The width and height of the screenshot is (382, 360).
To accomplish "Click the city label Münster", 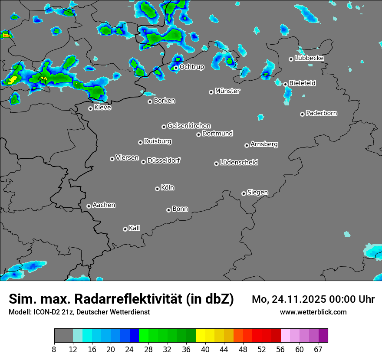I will click(227, 91).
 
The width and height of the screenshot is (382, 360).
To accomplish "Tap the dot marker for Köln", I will click(157, 189).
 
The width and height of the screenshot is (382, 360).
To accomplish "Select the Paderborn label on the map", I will click(321, 113).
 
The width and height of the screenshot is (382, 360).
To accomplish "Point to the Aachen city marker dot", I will click(89, 206).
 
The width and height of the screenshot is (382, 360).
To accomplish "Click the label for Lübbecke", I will click(309, 58).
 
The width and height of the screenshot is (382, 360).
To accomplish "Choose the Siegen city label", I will click(257, 193).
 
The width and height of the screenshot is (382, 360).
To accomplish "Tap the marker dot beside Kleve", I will click(90, 108).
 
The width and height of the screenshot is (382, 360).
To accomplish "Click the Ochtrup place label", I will click(191, 67).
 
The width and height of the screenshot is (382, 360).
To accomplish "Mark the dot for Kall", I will click(125, 229).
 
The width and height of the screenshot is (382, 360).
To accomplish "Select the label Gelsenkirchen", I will click(189, 126).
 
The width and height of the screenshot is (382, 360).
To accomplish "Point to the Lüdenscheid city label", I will click(239, 163).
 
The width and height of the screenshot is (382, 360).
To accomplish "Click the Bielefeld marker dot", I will click(285, 84).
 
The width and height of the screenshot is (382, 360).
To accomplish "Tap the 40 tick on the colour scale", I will click(205, 349).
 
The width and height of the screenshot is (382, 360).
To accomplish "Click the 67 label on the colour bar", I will click(318, 349).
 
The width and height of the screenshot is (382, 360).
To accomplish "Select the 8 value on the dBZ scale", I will click(54, 349).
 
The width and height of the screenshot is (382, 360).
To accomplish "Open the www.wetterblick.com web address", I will click(313, 312).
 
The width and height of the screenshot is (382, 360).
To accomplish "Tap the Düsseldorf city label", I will click(164, 160).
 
